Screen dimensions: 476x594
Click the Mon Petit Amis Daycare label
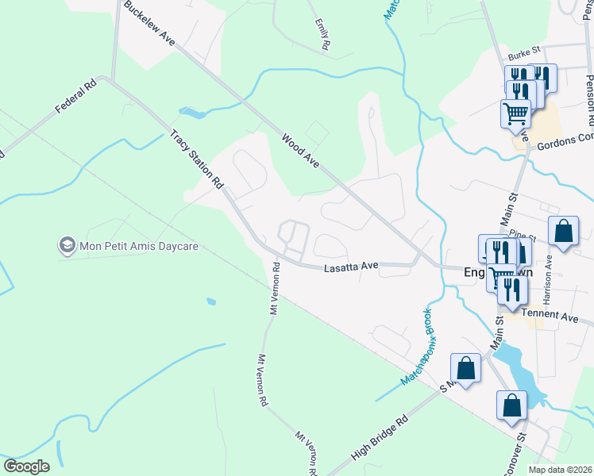point(130,245)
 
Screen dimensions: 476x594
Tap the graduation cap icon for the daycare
point(67,245)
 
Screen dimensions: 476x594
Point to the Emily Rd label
point(322,36)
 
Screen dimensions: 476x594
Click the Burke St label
point(523,57)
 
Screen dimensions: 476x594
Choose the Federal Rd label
point(75,96)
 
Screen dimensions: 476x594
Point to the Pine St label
point(525,235)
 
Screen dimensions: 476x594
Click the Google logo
point(26,466)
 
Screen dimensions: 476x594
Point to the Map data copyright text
point(560,470)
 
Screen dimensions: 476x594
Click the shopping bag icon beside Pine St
point(563,232)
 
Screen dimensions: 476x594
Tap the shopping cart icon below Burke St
point(516,113)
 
